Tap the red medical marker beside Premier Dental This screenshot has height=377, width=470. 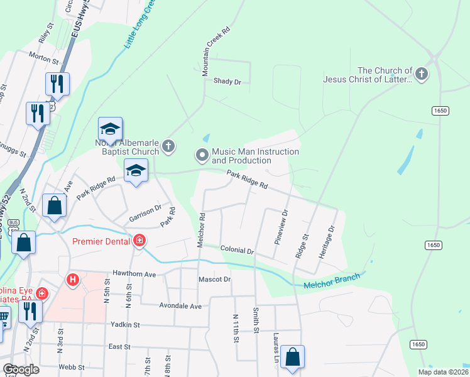click(x=139, y=241)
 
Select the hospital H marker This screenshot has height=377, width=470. click(x=74, y=279)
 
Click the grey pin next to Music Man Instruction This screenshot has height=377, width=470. click(x=202, y=154)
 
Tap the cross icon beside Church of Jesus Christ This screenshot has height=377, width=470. click(x=422, y=75)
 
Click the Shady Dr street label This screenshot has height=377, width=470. click(x=227, y=81)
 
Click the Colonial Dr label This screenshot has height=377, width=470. click(x=237, y=250)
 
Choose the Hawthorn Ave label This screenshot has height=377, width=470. click(x=134, y=274)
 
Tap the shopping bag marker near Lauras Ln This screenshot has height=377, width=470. click(x=292, y=358)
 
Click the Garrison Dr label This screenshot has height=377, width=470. click(x=146, y=214)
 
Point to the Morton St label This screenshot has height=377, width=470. click(x=43, y=58)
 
